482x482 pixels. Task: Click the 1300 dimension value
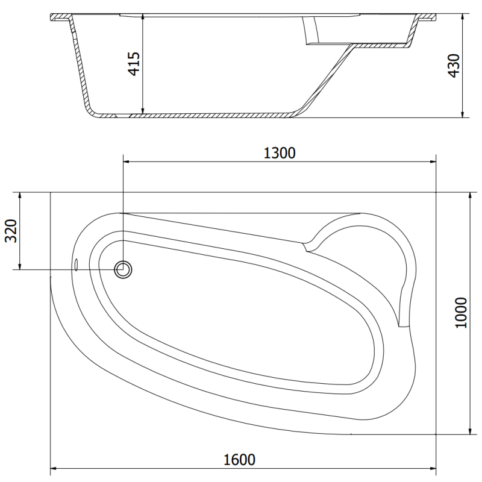click(x=279, y=153)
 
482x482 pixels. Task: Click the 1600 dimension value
click(x=239, y=459)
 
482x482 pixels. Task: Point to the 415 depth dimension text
click(x=134, y=64)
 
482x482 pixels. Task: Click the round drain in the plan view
click(x=124, y=269)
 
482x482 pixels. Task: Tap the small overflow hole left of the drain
click(x=77, y=264)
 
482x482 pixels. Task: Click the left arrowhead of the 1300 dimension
click(x=126, y=161)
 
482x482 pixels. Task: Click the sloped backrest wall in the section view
click(x=328, y=78)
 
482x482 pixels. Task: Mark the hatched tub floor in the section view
click(x=199, y=114)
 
